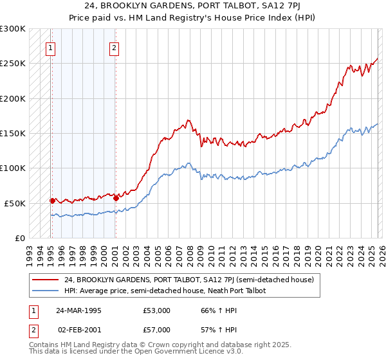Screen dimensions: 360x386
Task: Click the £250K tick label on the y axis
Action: click(x=13, y=64)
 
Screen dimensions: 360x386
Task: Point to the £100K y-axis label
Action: click(x=13, y=168)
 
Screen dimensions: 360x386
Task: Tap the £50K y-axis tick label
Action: click(x=15, y=203)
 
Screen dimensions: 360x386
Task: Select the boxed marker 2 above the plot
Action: click(x=114, y=47)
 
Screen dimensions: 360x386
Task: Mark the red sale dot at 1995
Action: click(x=52, y=201)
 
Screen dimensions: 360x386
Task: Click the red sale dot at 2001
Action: click(x=115, y=198)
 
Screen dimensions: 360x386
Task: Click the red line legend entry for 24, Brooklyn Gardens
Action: click(x=188, y=280)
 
